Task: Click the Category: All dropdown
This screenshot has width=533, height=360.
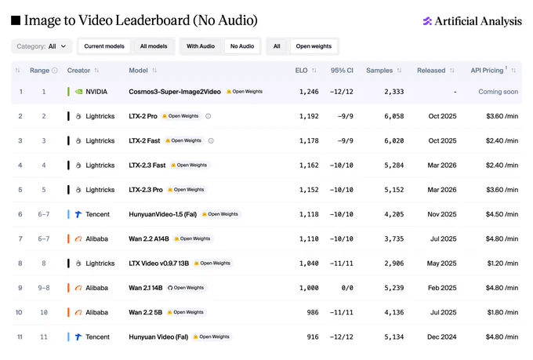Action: pos(42,46)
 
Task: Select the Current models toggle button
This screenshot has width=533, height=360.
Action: pos(104,46)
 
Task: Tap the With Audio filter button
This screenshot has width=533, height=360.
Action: pos(201,46)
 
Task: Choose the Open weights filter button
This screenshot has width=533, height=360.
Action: pos(314,46)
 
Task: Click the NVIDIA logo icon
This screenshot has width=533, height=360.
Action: pos(78,92)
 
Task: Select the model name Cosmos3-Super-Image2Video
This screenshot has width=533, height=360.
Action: pos(175,92)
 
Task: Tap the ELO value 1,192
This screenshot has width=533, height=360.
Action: pos(309,116)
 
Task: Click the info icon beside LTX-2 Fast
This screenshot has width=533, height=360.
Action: pos(211,141)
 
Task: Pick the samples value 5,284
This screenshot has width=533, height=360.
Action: pos(394,165)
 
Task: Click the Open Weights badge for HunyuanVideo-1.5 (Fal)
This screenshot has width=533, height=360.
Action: pos(220,214)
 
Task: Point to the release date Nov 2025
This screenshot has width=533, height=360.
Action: pos(442,214)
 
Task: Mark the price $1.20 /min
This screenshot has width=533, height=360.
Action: pos(502,264)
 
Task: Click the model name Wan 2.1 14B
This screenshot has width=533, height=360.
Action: pos(146,288)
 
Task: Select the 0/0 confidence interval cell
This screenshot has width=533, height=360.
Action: pos(347,288)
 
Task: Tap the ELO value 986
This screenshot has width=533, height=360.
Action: pos(313,312)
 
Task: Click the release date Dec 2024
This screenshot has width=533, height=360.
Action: pos(442,336)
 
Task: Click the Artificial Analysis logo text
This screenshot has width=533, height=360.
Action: pos(478,21)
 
